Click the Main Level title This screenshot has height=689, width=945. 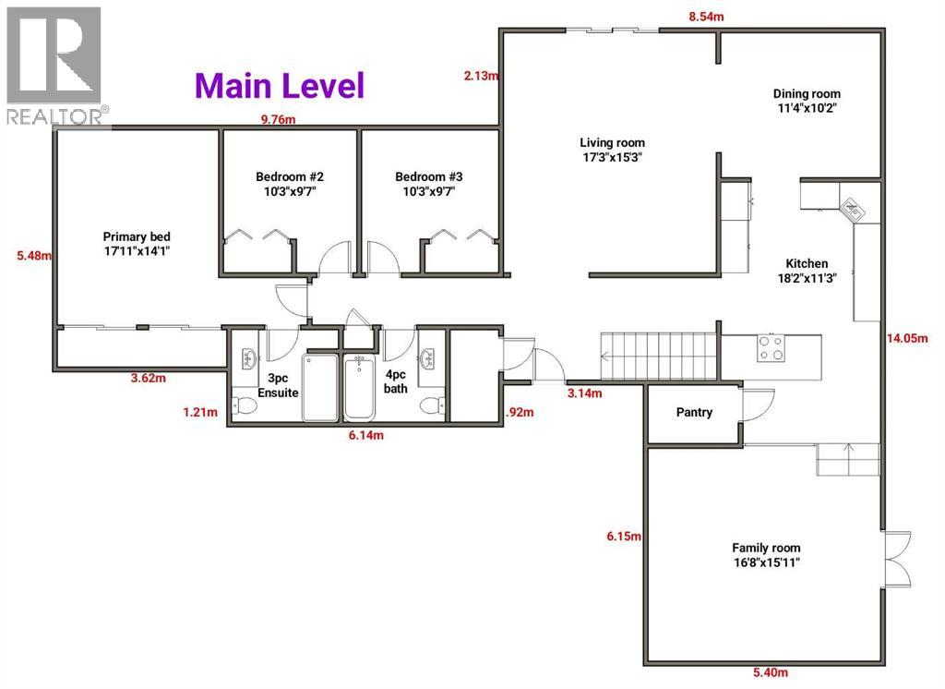280,86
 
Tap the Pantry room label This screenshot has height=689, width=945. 694,413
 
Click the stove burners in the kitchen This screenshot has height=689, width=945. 771,347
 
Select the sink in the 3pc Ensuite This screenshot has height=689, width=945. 248,358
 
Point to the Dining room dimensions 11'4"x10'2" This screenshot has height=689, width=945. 807,108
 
